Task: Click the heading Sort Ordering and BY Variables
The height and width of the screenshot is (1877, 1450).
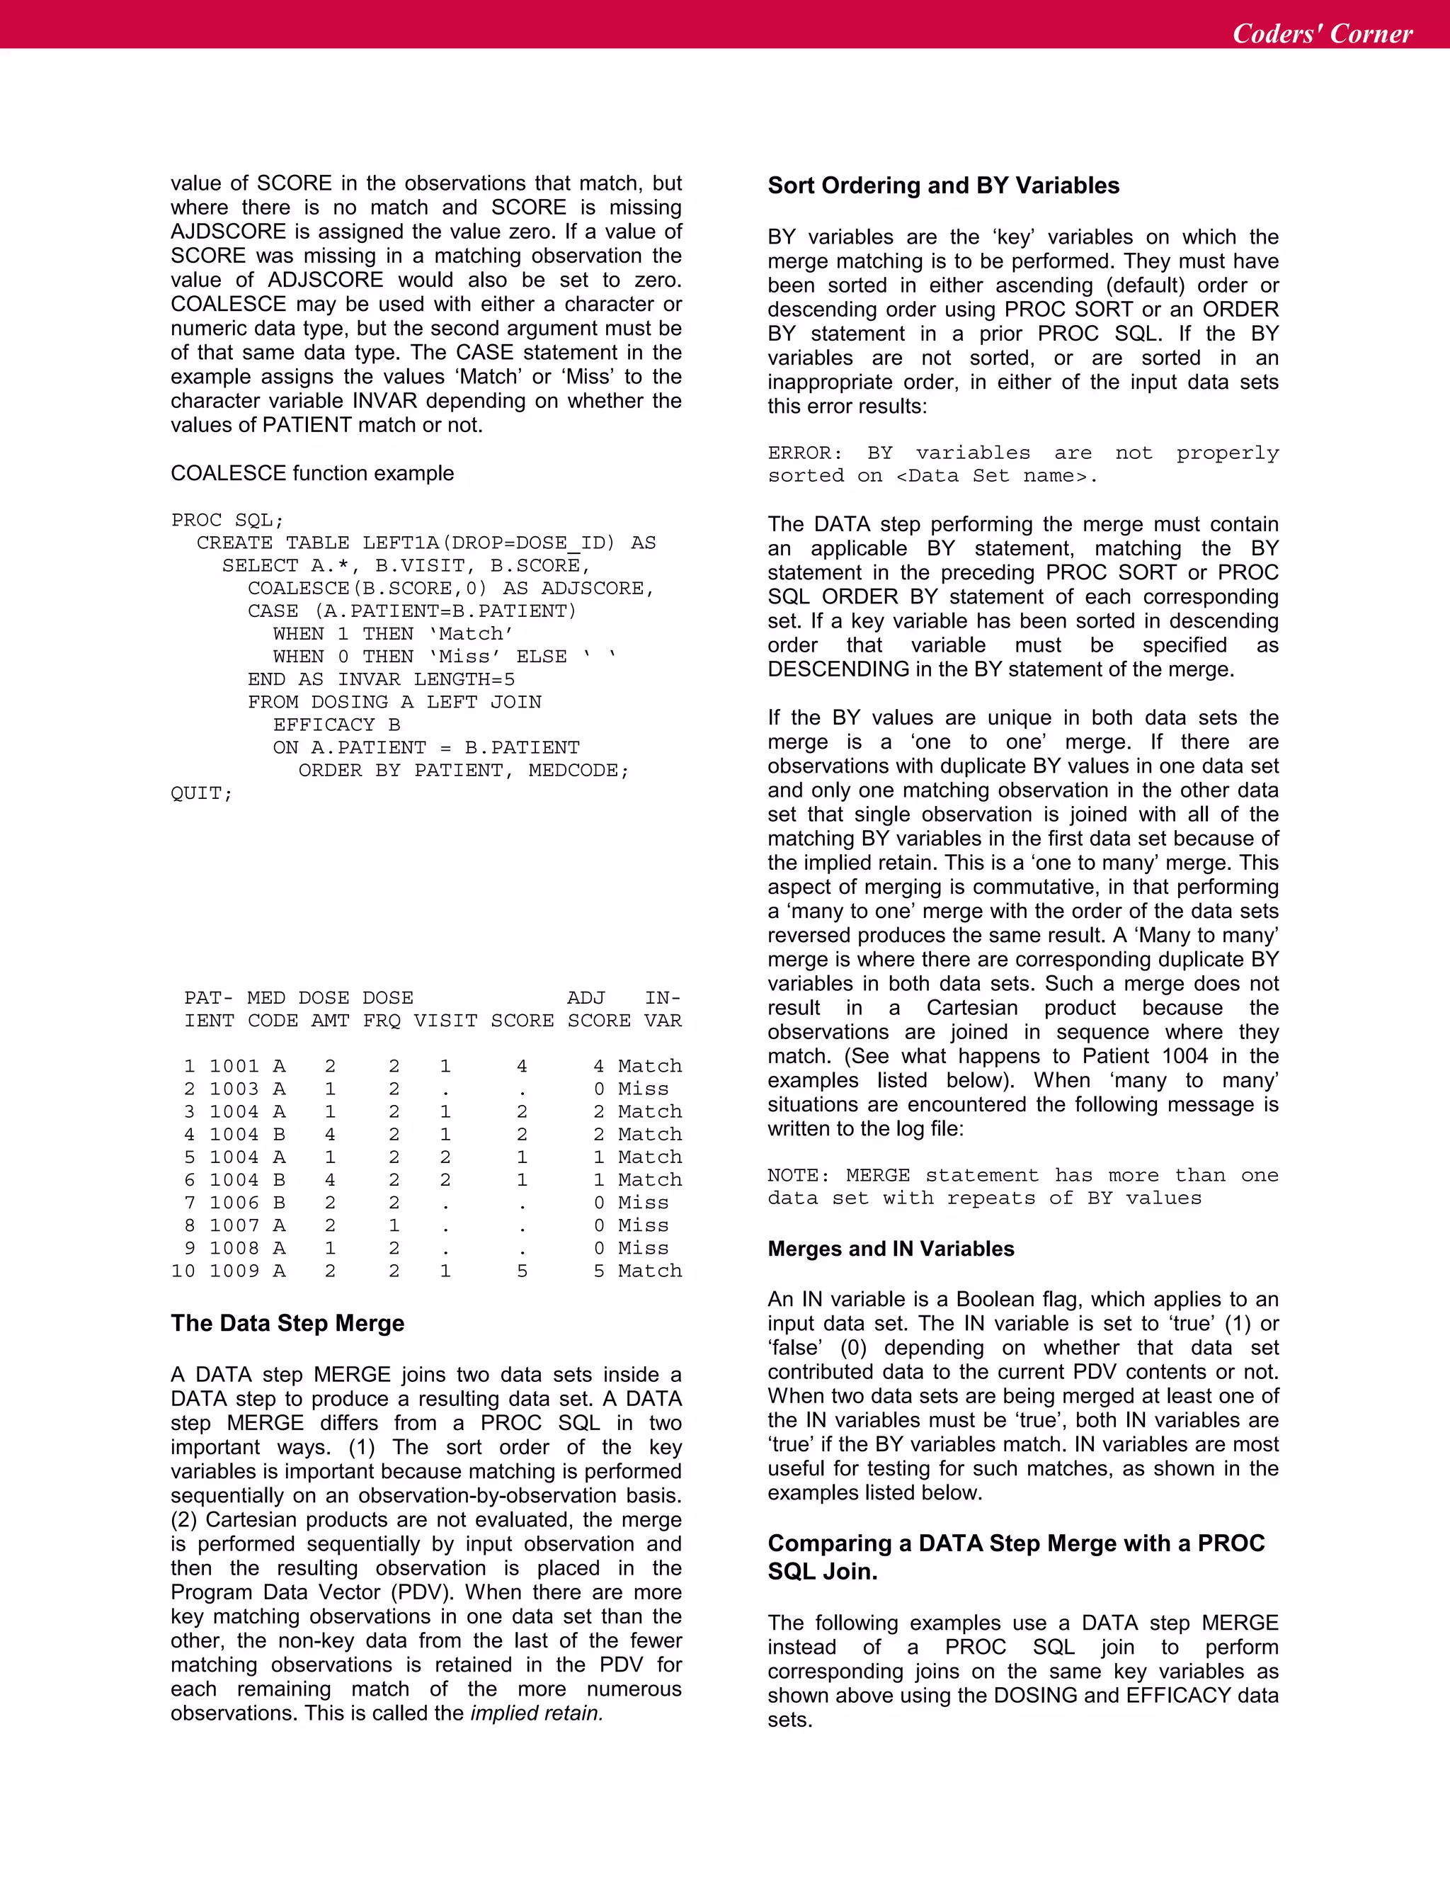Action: click(x=943, y=186)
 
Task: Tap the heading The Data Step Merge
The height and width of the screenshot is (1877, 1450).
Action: click(x=287, y=1322)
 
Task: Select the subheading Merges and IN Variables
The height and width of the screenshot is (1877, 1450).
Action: click(x=891, y=1249)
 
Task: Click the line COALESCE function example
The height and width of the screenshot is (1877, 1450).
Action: click(x=312, y=474)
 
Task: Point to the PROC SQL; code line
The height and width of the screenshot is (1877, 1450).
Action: click(x=227, y=520)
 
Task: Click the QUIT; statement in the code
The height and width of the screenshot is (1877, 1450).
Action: click(x=201, y=793)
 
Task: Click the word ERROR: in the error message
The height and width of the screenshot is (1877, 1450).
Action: click(x=805, y=453)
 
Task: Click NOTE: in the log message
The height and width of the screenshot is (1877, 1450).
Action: click(x=799, y=1175)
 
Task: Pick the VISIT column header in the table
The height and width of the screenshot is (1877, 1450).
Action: click(x=445, y=1020)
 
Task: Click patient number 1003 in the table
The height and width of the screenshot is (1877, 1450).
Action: click(x=234, y=1089)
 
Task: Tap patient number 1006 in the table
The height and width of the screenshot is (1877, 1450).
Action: click(x=234, y=1203)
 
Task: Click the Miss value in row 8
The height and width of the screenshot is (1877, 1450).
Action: click(x=643, y=1225)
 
